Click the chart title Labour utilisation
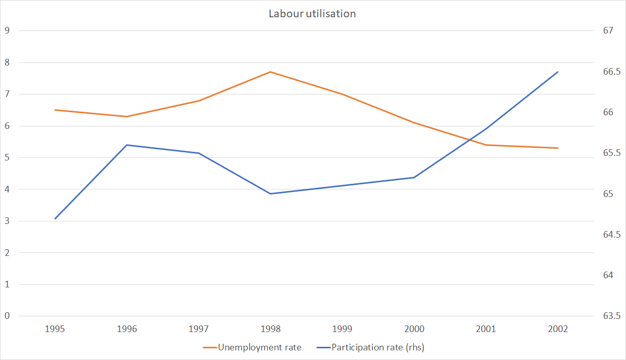[x=312, y=14]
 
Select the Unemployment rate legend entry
[x=259, y=347]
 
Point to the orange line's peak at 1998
[x=271, y=72]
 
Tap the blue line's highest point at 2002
[x=558, y=72]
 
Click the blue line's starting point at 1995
[x=55, y=218]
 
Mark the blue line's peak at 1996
[x=126, y=145]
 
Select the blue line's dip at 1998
[x=271, y=193]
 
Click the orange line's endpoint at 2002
[x=558, y=148]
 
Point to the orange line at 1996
[x=126, y=116]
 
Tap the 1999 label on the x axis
[x=342, y=329]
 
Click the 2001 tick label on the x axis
[x=486, y=329]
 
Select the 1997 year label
[x=199, y=329]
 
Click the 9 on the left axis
[x=7, y=30]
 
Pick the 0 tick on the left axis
[x=7, y=316]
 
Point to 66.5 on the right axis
[x=612, y=72]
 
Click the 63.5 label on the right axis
[x=612, y=316]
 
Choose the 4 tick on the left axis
[x=7, y=189]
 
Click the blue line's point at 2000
[x=414, y=177]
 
